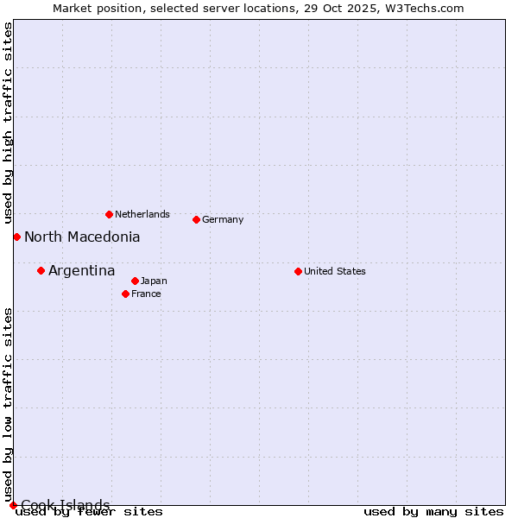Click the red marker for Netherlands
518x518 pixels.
tap(109, 214)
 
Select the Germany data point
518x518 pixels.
tap(196, 219)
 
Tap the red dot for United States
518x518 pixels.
tap(298, 271)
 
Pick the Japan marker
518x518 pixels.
tap(135, 281)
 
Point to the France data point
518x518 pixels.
tap(125, 294)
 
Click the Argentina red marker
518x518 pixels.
tap(41, 270)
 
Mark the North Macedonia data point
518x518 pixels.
tap(16, 237)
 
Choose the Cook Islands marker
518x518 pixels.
tap(13, 505)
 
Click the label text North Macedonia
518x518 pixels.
tap(82, 237)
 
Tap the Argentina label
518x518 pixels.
tap(81, 271)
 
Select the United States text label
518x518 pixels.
tap(334, 271)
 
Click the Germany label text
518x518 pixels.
tap(223, 219)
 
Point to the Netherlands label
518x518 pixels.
tap(142, 214)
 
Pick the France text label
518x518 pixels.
tap(146, 294)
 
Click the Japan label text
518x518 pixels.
tap(154, 281)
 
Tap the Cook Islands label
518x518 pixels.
tap(65, 505)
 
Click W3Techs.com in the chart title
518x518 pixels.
tap(422, 8)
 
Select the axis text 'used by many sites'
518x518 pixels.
tap(433, 511)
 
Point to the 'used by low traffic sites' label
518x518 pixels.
tap(8, 405)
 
